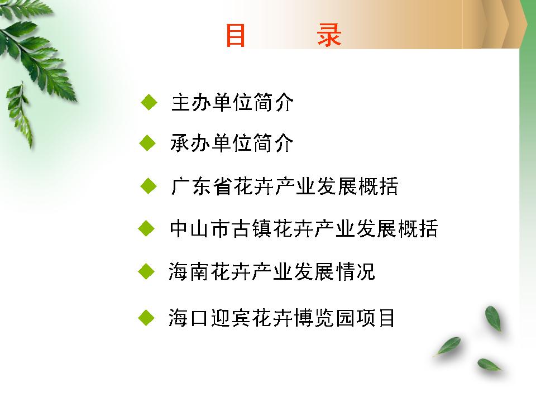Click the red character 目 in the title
pyautogui.click(x=236, y=35)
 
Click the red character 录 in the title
pyautogui.click(x=329, y=35)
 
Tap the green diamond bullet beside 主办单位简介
pyautogui.click(x=149, y=102)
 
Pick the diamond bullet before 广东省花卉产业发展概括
pyautogui.click(x=149, y=186)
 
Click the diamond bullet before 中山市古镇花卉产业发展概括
pyautogui.click(x=147, y=228)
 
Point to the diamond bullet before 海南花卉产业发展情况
pyautogui.click(x=147, y=271)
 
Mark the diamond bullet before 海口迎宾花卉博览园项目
pyautogui.click(x=147, y=318)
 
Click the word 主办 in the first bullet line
pyautogui.click(x=191, y=102)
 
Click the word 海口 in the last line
pyautogui.click(x=188, y=318)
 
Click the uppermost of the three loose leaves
pyautogui.click(x=493, y=319)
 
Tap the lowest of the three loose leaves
pyautogui.click(x=489, y=365)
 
